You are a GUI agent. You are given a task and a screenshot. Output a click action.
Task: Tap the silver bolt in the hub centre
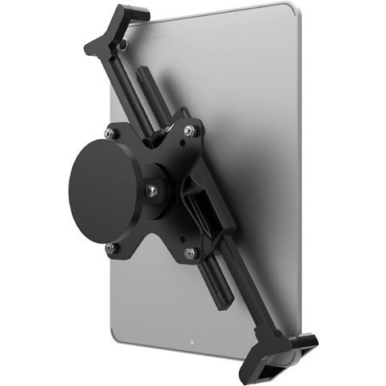click(x=150, y=190)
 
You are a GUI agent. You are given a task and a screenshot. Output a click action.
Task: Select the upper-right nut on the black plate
click(x=188, y=129)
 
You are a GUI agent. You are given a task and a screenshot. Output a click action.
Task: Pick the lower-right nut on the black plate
click(x=189, y=253)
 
